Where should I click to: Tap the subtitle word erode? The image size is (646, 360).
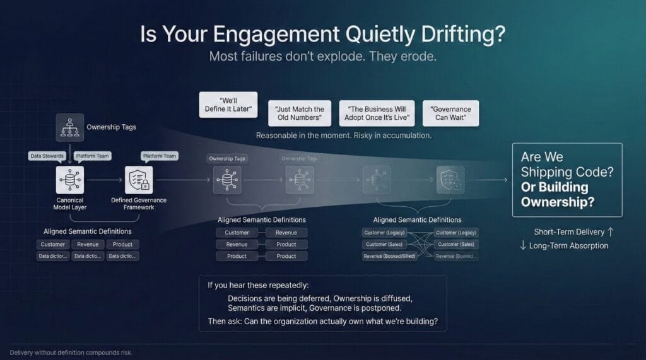416,56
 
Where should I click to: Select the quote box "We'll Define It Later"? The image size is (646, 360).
228,104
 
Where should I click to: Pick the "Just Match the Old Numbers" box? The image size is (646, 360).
300,113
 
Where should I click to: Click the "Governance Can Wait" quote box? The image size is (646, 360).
450,113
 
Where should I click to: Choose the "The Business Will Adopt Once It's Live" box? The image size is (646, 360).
377,113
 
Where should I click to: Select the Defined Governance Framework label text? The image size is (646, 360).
139,203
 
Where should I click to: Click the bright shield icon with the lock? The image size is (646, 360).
139,179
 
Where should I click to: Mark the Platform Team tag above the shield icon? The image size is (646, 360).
160,156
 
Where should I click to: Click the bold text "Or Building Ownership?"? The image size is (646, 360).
555,194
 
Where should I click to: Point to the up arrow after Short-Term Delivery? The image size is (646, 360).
609,232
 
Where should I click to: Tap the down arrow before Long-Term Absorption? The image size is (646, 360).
523,245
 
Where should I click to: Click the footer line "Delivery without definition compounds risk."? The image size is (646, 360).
71,352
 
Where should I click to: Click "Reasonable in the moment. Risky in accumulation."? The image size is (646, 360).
343,136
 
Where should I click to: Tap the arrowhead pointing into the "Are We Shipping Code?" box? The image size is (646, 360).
505,180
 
